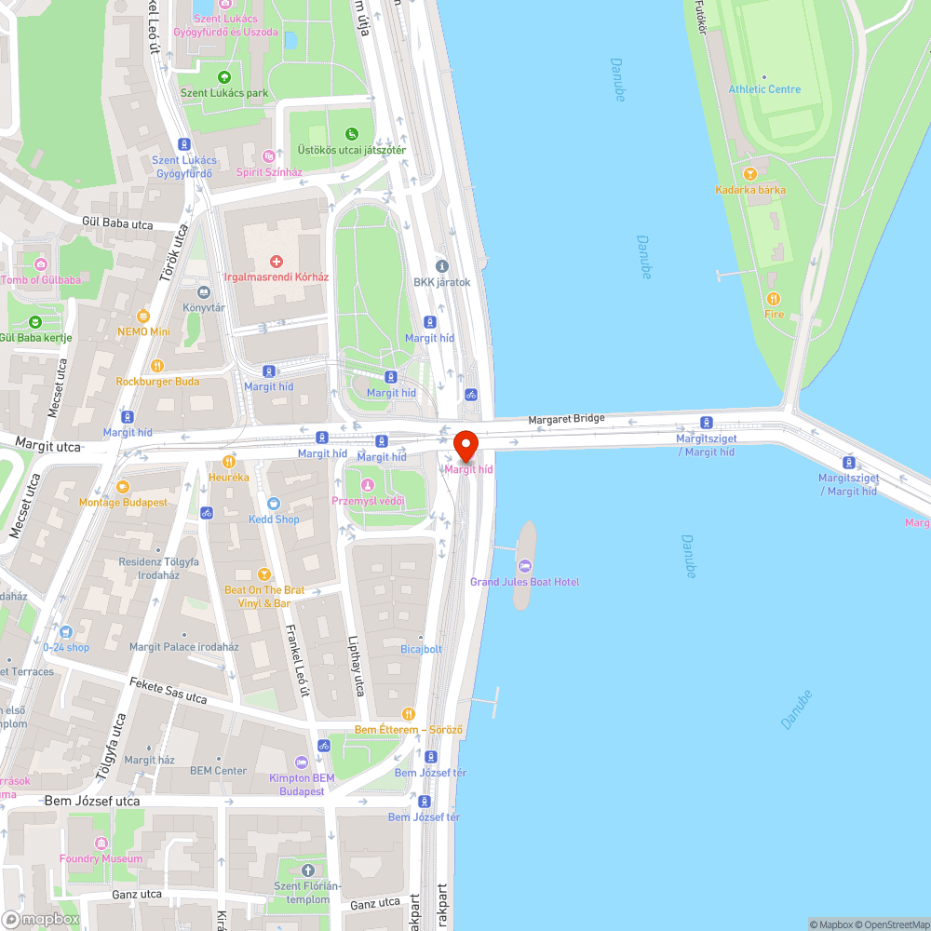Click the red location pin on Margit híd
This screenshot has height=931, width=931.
[x=465, y=446]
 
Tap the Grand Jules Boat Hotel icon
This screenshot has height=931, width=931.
[x=524, y=565]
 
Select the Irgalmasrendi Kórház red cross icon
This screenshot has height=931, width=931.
[x=276, y=262]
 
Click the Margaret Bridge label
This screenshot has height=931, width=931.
[x=566, y=420]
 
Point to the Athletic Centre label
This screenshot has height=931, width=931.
[x=764, y=89]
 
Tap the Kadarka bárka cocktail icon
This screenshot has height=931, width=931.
[x=750, y=173]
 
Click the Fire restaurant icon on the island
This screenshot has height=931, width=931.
[x=774, y=298]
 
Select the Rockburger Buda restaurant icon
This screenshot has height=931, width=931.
[x=157, y=366]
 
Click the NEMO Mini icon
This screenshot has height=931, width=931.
[x=143, y=316]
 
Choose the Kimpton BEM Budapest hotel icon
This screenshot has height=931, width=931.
[x=301, y=762]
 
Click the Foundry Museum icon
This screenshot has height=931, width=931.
[x=101, y=843]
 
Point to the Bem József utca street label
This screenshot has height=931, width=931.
[x=92, y=801]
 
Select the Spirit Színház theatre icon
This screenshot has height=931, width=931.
[x=269, y=156]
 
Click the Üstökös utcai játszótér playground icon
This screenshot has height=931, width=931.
[x=351, y=134]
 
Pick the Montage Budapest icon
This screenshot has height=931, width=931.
[x=123, y=486]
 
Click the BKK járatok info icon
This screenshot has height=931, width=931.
[x=442, y=266]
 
